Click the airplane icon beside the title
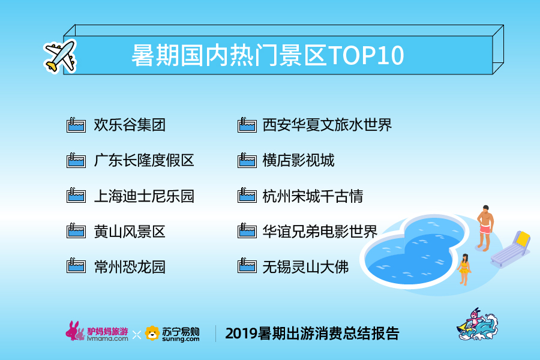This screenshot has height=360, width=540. coord(60,56)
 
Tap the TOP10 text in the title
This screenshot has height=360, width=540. coord(366,55)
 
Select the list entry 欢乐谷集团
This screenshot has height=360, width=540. coord(130,125)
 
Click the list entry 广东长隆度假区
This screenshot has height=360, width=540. coord(144,161)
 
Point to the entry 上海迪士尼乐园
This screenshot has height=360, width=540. coord(144,196)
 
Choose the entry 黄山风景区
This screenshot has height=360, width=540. coord(130,232)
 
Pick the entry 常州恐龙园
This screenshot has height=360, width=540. coord(130,267)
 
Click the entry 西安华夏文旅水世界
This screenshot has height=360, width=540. coord(327,125)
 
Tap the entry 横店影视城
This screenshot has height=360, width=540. coord(298,161)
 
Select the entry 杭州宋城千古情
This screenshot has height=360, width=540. coord(313,196)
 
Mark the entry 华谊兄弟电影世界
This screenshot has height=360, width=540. coord(320,232)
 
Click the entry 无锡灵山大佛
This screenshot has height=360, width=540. coord(305,267)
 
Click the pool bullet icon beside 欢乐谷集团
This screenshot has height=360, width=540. coord(76,125)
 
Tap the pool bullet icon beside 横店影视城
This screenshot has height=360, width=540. coord(247,161)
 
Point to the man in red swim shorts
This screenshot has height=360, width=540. coord(485,228)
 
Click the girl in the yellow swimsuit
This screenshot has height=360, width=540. coord(464,269)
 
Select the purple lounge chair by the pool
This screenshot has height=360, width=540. coord(511,249)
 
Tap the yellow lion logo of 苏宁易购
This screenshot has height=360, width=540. coord(152,334)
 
